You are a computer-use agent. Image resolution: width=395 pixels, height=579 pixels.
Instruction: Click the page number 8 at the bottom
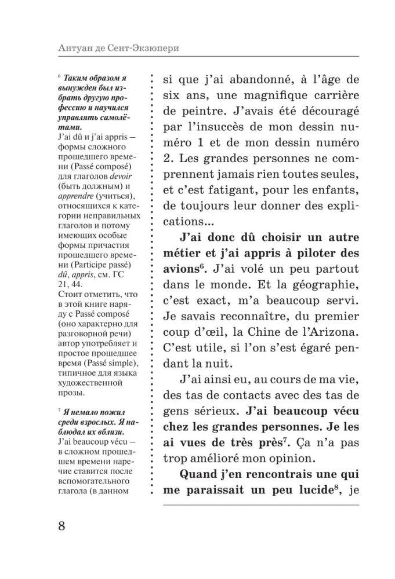[x=61, y=526]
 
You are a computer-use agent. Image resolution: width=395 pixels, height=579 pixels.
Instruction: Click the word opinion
[x=322, y=457]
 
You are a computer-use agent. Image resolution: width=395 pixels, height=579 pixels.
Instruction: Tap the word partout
[x=336, y=269]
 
